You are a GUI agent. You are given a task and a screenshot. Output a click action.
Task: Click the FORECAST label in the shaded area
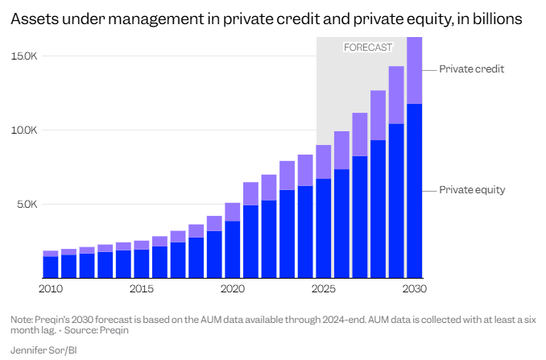pyautogui.click(x=368, y=48)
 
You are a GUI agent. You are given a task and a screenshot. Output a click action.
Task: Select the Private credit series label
pyautogui.click(x=471, y=69)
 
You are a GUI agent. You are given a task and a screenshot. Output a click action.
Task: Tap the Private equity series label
pyautogui.click(x=472, y=190)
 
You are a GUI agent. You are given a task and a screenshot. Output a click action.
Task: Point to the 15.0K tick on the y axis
pyautogui.click(x=25, y=56)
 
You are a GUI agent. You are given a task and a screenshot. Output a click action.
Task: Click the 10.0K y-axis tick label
pyautogui.click(x=25, y=130)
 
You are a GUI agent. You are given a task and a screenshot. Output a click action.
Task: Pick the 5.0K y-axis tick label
pyautogui.click(x=27, y=205)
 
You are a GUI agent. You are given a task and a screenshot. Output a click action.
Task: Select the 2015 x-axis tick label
pyautogui.click(x=141, y=288)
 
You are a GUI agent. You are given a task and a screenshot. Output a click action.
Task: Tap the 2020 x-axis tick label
pyautogui.click(x=232, y=288)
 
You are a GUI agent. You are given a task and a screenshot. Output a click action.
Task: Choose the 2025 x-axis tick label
pyautogui.click(x=323, y=288)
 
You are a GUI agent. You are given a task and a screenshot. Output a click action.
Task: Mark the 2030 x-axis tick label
pyautogui.click(x=414, y=288)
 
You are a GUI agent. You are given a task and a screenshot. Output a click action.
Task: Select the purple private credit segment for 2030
pyautogui.click(x=415, y=71)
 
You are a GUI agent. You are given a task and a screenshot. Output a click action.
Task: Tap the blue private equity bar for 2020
pyautogui.click(x=232, y=250)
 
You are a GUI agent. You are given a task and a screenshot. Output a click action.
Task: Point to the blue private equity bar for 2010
pyautogui.click(x=50, y=267)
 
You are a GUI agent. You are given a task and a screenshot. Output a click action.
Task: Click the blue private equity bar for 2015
pyautogui.click(x=141, y=263)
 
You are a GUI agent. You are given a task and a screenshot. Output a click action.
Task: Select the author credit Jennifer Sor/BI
pyautogui.click(x=43, y=350)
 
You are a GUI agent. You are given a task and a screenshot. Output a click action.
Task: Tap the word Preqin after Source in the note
pyautogui.click(x=115, y=329)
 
